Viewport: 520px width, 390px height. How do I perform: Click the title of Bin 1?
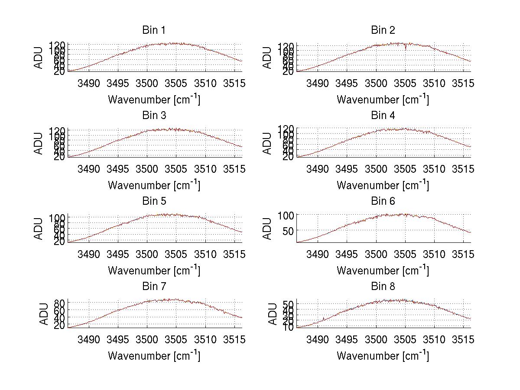click(x=154, y=30)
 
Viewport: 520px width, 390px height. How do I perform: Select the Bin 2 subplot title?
click(x=383, y=30)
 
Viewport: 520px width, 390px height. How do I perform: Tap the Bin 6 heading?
click(x=383, y=201)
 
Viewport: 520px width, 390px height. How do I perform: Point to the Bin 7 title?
click(x=154, y=287)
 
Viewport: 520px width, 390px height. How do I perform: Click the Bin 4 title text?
click(x=383, y=116)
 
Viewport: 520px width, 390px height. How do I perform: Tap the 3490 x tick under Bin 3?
click(x=89, y=168)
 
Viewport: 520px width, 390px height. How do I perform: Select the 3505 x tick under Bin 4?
click(x=405, y=168)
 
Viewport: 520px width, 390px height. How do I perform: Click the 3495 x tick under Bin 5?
click(x=118, y=254)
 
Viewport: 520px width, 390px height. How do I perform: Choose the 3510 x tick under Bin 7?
click(x=205, y=339)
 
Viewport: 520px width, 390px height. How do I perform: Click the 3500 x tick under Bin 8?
click(x=376, y=339)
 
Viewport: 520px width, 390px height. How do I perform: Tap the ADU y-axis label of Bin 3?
click(x=39, y=143)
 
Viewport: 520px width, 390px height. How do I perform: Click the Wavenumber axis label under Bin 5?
click(x=154, y=270)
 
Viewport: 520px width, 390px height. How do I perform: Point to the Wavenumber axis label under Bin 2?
click(x=383, y=99)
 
